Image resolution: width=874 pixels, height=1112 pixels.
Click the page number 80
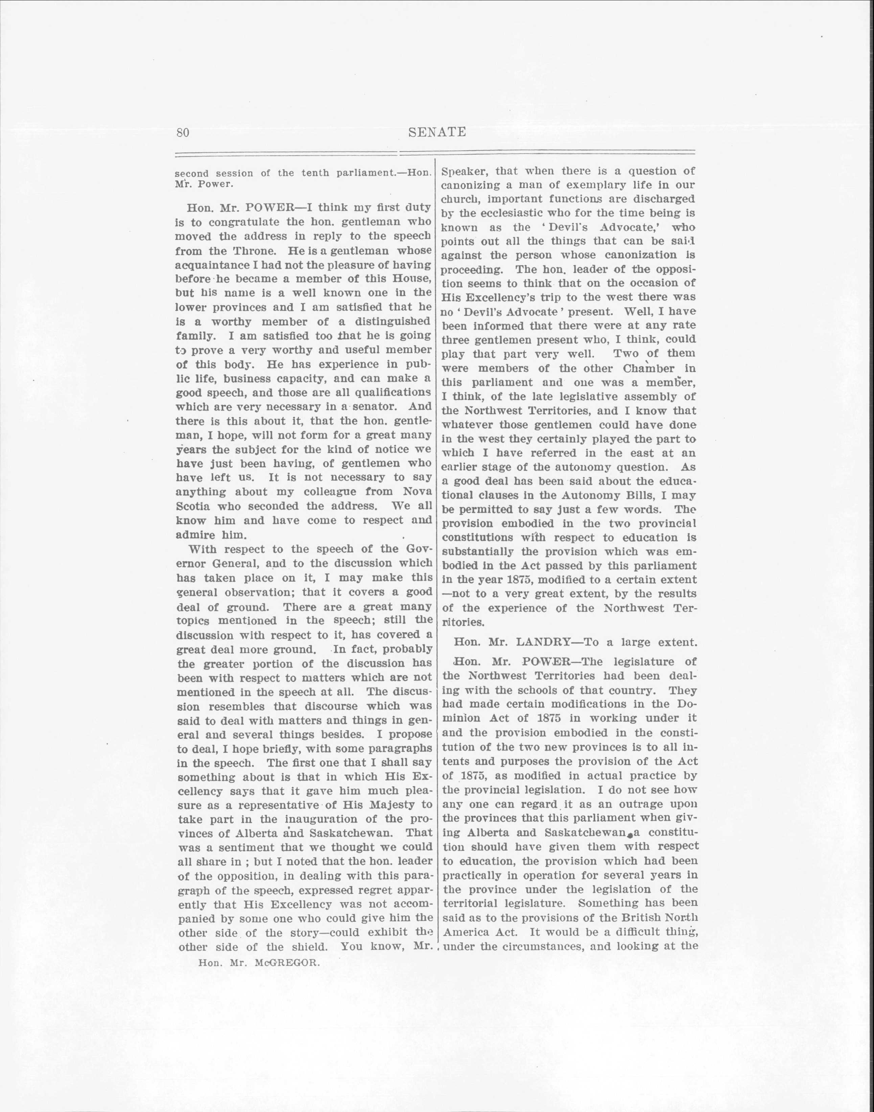pos(183,133)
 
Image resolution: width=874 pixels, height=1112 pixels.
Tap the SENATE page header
pos(438,132)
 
